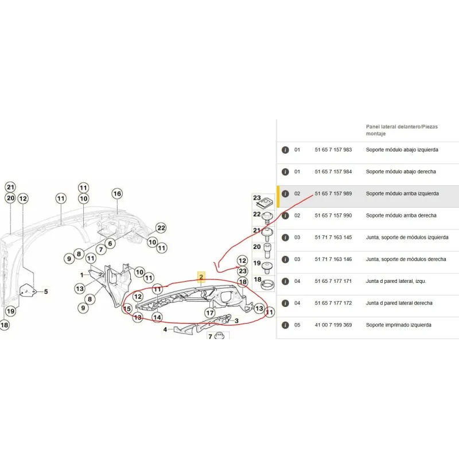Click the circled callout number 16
coord(117,194)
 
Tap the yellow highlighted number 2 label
coord(201,277)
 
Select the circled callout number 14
coord(157,316)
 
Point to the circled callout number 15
coord(127,309)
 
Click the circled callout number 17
coord(210,313)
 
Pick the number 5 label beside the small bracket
coord(46,291)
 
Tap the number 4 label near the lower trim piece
coord(165,329)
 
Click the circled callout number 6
coord(110,243)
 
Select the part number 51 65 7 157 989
coord(333,194)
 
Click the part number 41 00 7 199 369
coord(333,325)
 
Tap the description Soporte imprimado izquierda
coord(399,325)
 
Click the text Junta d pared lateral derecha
coord(399,303)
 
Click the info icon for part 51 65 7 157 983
coord(285,150)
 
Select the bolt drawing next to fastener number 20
coord(267,248)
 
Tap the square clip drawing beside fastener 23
coord(267,202)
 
